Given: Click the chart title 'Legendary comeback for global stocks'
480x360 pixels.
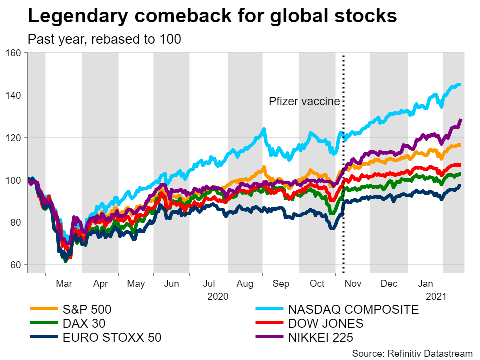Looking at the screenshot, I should (x=212, y=16).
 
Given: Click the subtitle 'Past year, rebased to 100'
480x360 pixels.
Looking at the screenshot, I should (x=104, y=39).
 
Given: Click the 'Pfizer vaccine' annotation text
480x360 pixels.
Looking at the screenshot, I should (x=304, y=101).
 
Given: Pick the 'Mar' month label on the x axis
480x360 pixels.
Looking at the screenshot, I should (x=64, y=283).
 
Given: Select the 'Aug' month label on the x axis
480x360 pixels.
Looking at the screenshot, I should (x=245, y=283).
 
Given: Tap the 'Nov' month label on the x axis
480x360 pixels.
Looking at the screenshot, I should (x=353, y=283).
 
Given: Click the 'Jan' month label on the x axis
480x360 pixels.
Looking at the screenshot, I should (x=425, y=283).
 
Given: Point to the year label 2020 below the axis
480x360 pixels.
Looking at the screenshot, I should (x=218, y=296).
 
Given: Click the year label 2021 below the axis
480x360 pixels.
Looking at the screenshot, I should (x=436, y=296).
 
